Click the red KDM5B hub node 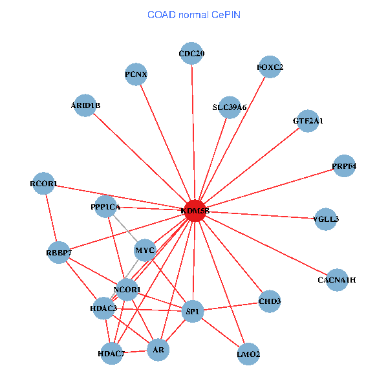pyautogui.click(x=195, y=211)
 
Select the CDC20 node pyautogui.click(x=191, y=53)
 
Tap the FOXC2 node pyautogui.click(x=270, y=67)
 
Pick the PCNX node pyautogui.click(x=136, y=74)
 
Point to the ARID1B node pyautogui.click(x=85, y=105)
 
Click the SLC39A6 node pyautogui.click(x=230, y=107)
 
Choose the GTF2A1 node pyautogui.click(x=308, y=121)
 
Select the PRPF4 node pyautogui.click(x=344, y=166)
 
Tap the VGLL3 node pyautogui.click(x=326, y=219)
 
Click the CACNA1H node pyautogui.click(x=337, y=280)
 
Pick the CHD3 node pyautogui.click(x=270, y=301)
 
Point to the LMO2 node pyautogui.click(x=248, y=354)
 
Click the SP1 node pyautogui.click(x=193, y=311)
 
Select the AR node pyautogui.click(x=158, y=350)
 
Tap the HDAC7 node pyautogui.click(x=112, y=354)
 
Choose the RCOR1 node pyautogui.click(x=43, y=184)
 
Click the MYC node pyautogui.click(x=145, y=250)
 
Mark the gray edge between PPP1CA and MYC pyautogui.click(x=125, y=228)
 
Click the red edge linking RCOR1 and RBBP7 pyautogui.click(x=51, y=218)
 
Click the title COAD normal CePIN pyautogui.click(x=194, y=15)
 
